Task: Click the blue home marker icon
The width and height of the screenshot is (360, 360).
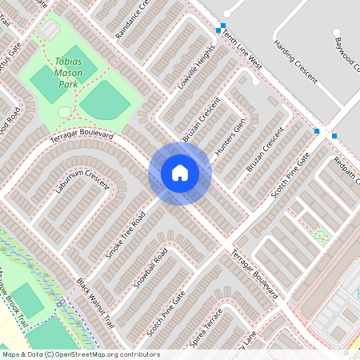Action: pyautogui.click(x=180, y=173)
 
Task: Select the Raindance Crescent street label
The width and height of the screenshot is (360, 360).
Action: pyautogui.click(x=133, y=20)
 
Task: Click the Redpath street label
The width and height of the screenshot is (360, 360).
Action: pyautogui.click(x=346, y=168)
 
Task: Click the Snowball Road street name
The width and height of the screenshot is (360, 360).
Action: pyautogui.click(x=150, y=268)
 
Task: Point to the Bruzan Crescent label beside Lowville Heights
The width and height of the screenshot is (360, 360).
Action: pyautogui.click(x=201, y=120)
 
